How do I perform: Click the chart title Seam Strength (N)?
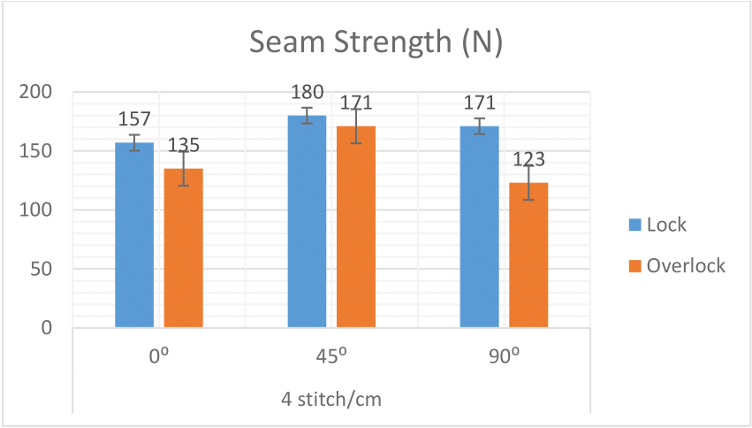[x=376, y=43]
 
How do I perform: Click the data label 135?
[x=183, y=144]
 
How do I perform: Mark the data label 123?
[x=528, y=160]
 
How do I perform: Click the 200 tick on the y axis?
[x=41, y=92]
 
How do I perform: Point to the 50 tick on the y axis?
[x=46, y=269]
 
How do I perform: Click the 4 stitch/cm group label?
[x=330, y=398]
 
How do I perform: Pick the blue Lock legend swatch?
[x=633, y=225]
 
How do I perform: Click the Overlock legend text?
[x=686, y=265]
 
